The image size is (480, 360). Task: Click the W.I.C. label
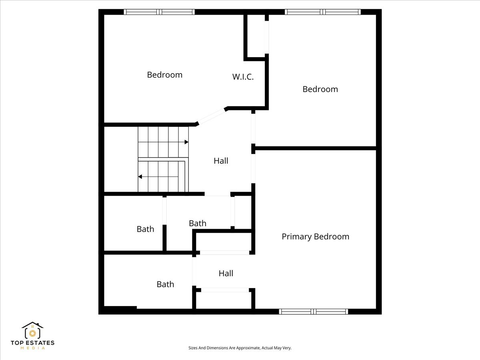(x=243, y=77)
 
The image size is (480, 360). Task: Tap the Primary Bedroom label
(x=315, y=236)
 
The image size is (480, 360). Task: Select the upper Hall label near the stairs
(x=221, y=161)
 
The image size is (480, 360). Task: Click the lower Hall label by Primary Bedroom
(x=226, y=274)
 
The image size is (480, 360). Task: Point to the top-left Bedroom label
(x=164, y=75)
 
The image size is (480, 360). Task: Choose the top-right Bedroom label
(x=320, y=89)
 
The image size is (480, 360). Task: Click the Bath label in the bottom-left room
(x=165, y=284)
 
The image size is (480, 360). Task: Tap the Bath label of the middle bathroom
(x=198, y=223)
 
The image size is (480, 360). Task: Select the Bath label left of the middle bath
(x=145, y=229)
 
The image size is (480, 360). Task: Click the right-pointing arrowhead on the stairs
(x=186, y=142)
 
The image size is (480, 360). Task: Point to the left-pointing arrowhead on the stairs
(x=140, y=176)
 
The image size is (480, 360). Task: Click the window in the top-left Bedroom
(x=160, y=12)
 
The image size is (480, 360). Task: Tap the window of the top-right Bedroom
(x=323, y=12)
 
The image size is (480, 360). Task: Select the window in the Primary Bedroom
(x=314, y=311)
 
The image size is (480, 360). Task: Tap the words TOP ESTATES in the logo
(x=33, y=343)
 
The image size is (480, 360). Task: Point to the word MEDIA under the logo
(x=33, y=348)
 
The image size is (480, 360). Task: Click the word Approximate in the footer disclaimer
(x=246, y=348)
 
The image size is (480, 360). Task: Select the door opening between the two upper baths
(x=164, y=211)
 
